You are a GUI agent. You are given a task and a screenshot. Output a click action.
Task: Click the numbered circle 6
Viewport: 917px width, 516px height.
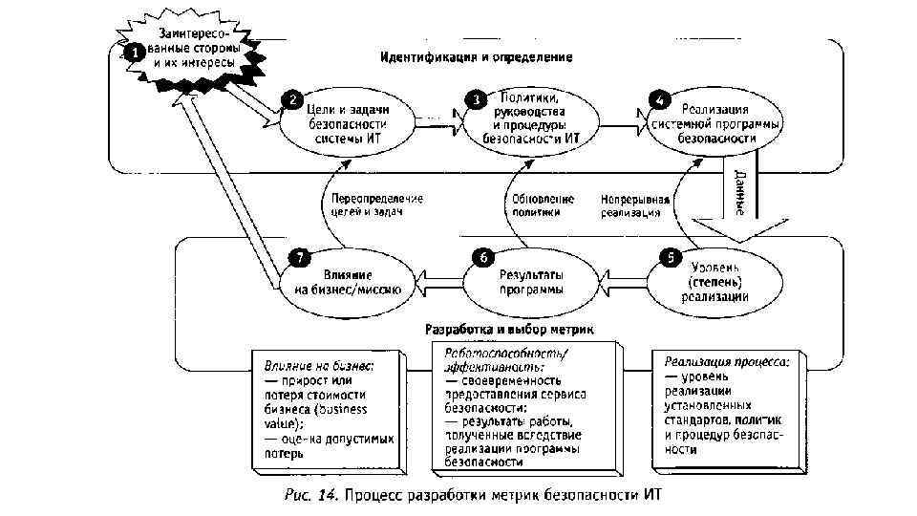pos(483,257)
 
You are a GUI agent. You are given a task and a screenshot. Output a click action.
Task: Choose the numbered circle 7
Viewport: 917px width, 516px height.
pos(298,257)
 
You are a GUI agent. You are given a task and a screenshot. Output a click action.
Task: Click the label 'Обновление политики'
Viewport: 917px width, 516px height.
pos(543,205)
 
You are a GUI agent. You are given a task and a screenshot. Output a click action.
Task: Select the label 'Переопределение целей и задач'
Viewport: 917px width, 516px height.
pos(376,205)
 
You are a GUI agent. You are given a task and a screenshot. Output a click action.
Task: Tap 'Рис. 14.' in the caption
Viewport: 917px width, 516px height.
pos(311,494)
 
